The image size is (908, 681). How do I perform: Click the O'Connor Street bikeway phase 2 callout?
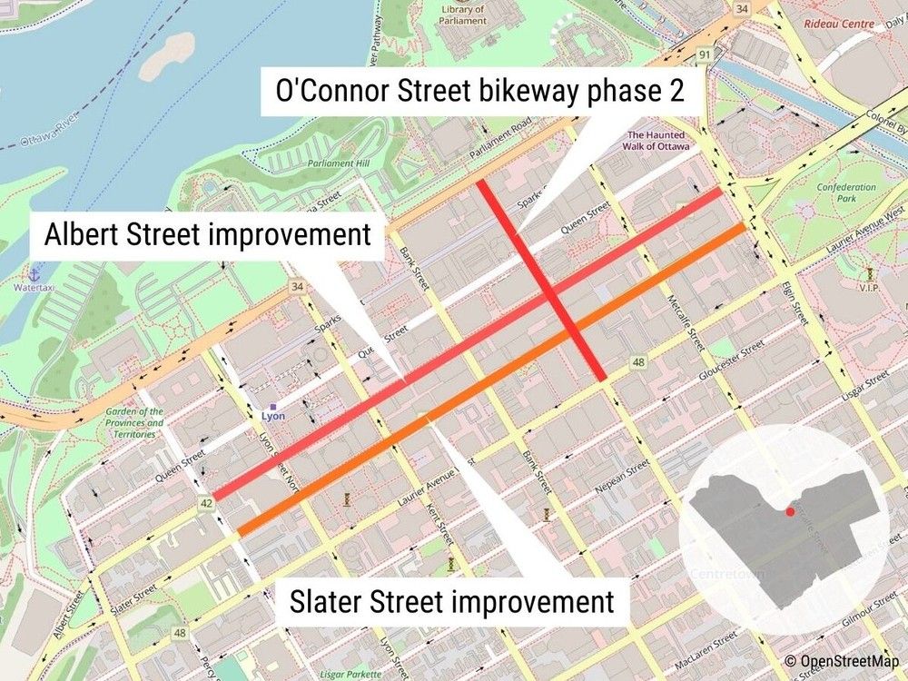tap(479, 90)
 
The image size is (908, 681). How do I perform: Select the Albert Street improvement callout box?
tap(208, 234)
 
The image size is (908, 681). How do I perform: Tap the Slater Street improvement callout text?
tap(451, 601)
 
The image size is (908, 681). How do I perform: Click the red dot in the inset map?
tap(790, 512)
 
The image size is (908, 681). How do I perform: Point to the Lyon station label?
tap(273, 416)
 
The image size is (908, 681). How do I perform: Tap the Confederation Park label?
tap(845, 192)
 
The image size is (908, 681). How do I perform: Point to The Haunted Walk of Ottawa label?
tap(656, 142)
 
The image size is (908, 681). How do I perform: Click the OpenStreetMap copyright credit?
tap(844, 662)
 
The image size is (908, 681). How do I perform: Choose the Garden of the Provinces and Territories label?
tap(134, 422)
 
